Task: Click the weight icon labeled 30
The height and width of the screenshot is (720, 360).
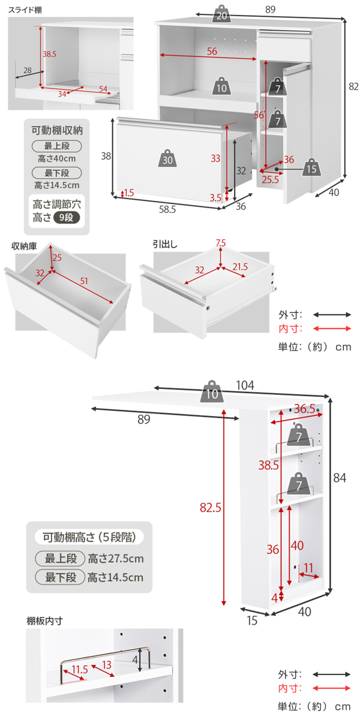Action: (168, 158)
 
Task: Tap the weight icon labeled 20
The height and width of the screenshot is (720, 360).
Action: (221, 15)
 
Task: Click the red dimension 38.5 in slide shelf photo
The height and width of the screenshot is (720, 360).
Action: (50, 54)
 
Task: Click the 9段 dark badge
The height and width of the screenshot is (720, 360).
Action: (66, 218)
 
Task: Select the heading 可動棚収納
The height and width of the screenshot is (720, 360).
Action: (57, 130)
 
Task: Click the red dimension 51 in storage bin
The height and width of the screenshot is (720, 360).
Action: (83, 281)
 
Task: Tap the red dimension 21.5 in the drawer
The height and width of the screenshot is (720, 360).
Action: (240, 266)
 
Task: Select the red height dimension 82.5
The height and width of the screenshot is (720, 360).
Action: (211, 508)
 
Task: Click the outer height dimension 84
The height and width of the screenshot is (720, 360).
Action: (340, 478)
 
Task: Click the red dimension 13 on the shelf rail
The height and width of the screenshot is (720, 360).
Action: (107, 664)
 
